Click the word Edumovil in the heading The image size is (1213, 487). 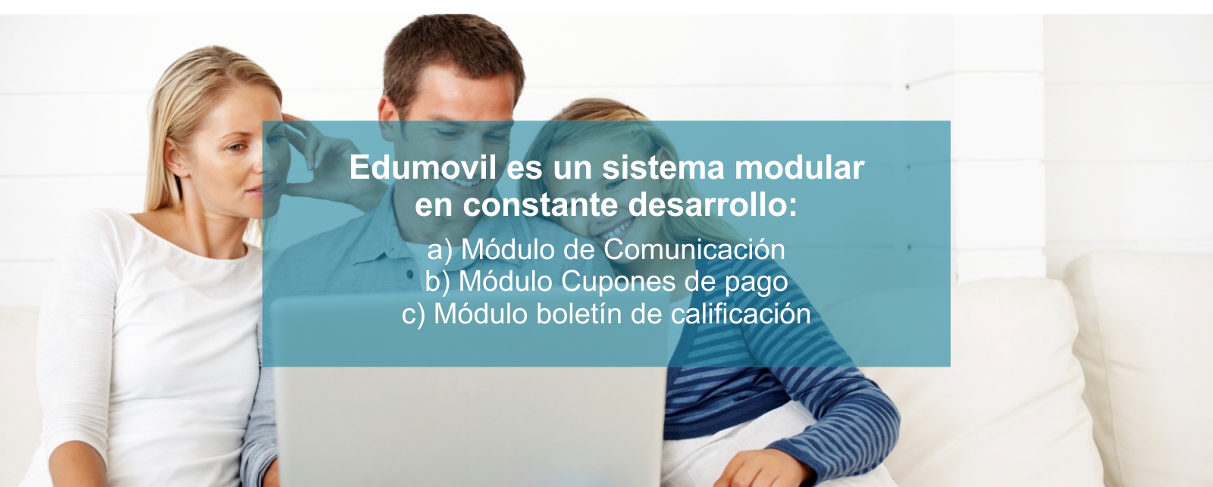click(422, 167)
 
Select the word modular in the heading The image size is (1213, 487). click(799, 167)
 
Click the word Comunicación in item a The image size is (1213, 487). click(694, 249)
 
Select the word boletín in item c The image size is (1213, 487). click(579, 314)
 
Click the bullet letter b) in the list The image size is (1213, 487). click(437, 283)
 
